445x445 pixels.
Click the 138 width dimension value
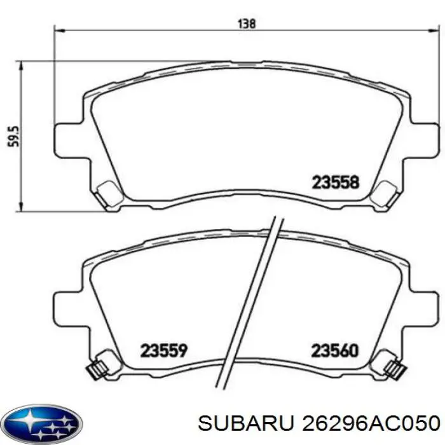coord(247,24)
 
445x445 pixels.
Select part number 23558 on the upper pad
coord(336,183)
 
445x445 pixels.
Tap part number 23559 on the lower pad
coord(163,350)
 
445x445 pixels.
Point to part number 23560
coord(335,350)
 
